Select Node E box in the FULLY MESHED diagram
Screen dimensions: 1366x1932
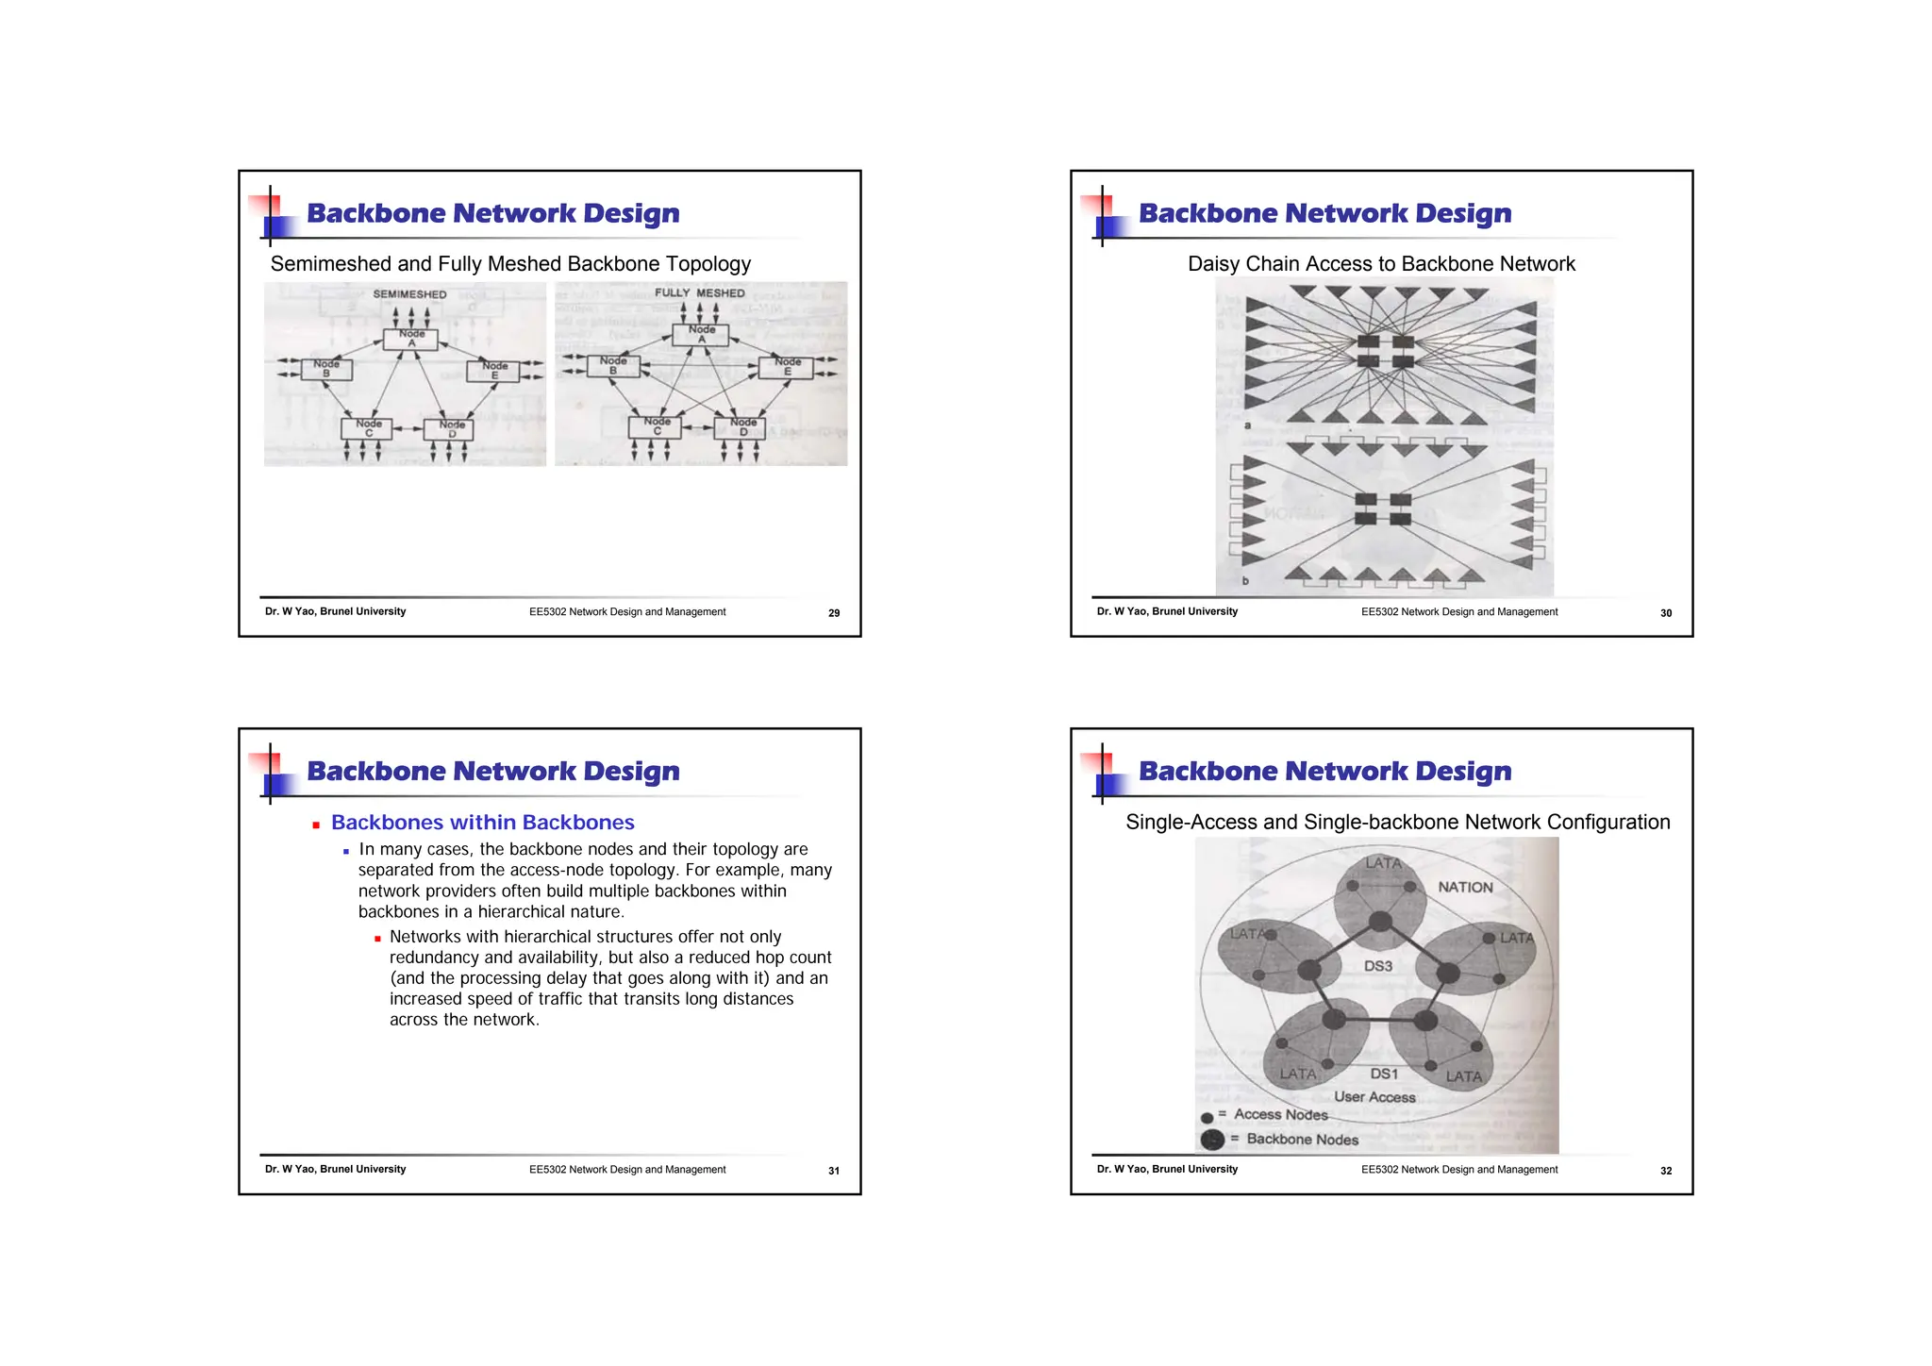click(787, 367)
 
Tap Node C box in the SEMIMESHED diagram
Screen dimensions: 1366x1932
click(368, 428)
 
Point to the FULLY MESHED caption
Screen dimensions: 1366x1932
click(700, 293)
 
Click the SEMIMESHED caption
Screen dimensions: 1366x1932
click(409, 294)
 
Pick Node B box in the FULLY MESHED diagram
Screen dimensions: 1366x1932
click(613, 366)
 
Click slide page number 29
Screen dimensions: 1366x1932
click(834, 613)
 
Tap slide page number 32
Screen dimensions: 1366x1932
click(1666, 1171)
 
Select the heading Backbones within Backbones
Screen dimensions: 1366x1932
click(482, 823)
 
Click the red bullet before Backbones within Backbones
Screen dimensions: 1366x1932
click(316, 825)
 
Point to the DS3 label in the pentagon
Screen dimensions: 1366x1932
click(1377, 966)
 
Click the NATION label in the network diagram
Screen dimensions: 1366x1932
click(1465, 888)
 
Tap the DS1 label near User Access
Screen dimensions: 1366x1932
click(1384, 1074)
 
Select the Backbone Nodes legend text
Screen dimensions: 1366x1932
click(1302, 1140)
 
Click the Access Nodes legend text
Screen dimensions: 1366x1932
click(1280, 1115)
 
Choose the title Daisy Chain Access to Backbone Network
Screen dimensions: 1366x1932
click(1381, 264)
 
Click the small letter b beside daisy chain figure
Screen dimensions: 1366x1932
click(1245, 581)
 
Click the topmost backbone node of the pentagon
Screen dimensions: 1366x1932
click(1380, 920)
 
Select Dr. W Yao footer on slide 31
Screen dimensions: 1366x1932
click(335, 1170)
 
